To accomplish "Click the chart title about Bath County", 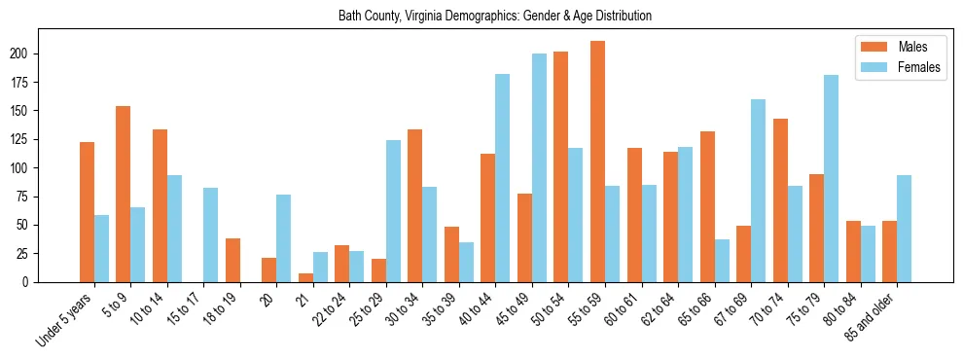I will click(x=494, y=16).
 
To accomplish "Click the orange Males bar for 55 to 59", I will click(x=597, y=162).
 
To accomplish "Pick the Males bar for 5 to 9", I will click(x=124, y=194).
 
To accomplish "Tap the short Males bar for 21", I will click(x=305, y=277).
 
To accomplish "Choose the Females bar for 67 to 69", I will click(x=758, y=191).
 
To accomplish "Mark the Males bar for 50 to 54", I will click(x=561, y=166).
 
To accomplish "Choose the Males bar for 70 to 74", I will click(x=780, y=200).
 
